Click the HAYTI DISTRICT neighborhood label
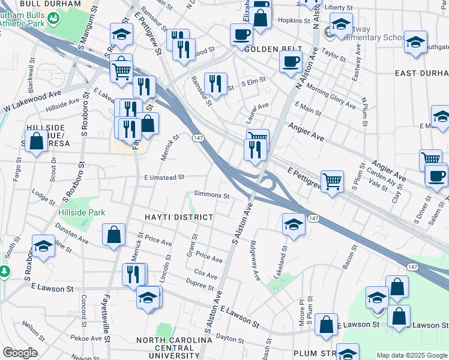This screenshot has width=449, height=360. tap(178, 217)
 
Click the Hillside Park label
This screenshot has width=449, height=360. tap(82, 212)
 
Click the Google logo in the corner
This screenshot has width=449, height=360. tap(20, 353)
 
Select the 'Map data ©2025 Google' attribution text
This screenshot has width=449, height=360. tap(411, 355)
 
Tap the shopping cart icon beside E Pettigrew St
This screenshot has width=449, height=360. tap(332, 179)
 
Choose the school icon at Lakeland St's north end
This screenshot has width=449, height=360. tap(292, 224)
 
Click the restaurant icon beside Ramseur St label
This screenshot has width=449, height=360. tap(215, 83)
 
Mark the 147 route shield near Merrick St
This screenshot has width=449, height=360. tap(197, 139)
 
